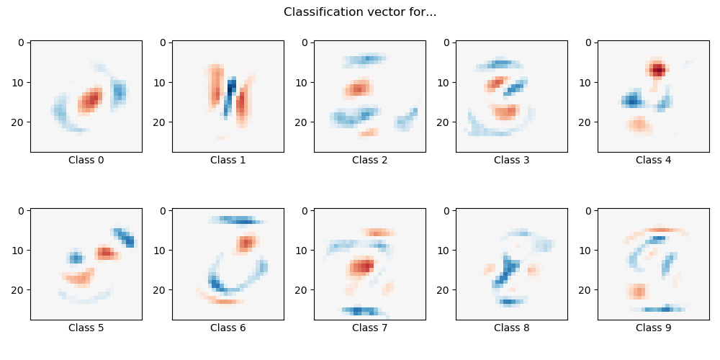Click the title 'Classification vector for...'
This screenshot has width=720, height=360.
(x=360, y=12)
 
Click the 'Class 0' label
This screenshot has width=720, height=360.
(x=86, y=160)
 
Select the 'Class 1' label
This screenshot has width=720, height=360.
(x=228, y=160)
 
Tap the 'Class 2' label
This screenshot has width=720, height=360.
(x=369, y=160)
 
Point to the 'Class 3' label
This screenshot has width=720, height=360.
(x=511, y=160)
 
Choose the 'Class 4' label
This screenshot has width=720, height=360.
(x=653, y=160)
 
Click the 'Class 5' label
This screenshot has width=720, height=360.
(x=86, y=328)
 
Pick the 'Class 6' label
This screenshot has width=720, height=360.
(x=228, y=328)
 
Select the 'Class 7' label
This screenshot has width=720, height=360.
(x=369, y=328)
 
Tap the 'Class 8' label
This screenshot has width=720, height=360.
(x=511, y=328)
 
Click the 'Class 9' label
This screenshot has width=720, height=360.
(x=653, y=328)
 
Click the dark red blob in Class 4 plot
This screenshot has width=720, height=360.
(x=656, y=70)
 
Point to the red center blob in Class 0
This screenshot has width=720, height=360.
(x=89, y=100)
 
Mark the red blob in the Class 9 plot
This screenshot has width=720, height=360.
(x=636, y=292)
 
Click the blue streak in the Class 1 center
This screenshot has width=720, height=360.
(x=230, y=95)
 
